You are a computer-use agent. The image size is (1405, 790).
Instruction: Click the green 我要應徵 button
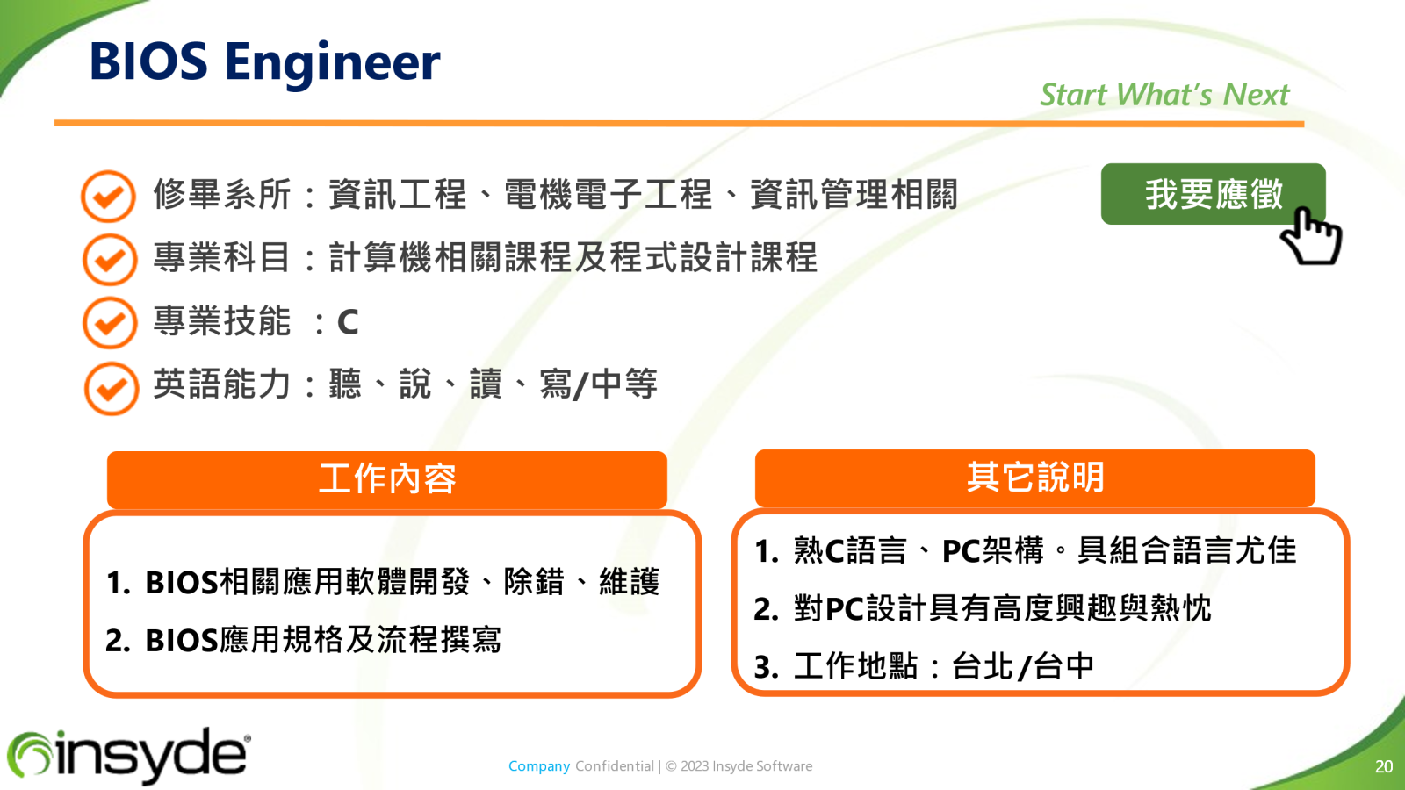tap(1213, 194)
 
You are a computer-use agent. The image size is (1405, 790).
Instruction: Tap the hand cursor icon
tap(1311, 236)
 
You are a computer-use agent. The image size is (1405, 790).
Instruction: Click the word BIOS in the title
tap(148, 61)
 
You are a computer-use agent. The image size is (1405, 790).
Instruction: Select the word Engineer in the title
tap(333, 63)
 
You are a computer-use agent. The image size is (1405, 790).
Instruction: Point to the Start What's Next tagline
tap(1164, 95)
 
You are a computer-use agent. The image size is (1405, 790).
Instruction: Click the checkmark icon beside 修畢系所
tap(108, 197)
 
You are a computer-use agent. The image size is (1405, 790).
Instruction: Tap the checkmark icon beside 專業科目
tap(110, 259)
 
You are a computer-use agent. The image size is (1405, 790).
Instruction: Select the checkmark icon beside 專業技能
tap(110, 322)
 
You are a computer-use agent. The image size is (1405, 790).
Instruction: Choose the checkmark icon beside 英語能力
tap(111, 388)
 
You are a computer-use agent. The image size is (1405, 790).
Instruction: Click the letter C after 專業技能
tap(348, 322)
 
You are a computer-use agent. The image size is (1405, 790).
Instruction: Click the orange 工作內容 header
tap(387, 479)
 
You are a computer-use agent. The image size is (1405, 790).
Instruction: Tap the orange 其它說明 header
tap(1035, 478)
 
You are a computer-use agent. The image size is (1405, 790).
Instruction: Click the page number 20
tap(1384, 766)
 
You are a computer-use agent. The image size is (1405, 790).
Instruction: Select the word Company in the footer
tap(539, 766)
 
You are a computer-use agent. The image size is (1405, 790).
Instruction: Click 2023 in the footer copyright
tap(695, 766)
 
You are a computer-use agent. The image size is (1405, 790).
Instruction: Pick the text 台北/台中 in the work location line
tap(1023, 666)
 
